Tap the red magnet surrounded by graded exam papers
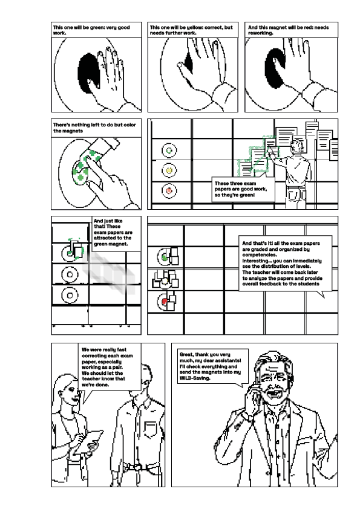pyautogui.click(x=164, y=299)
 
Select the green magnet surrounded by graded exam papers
pyautogui.click(x=164, y=258)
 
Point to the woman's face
pyautogui.click(x=68, y=395)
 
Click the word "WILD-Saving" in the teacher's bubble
pyautogui.click(x=193, y=379)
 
